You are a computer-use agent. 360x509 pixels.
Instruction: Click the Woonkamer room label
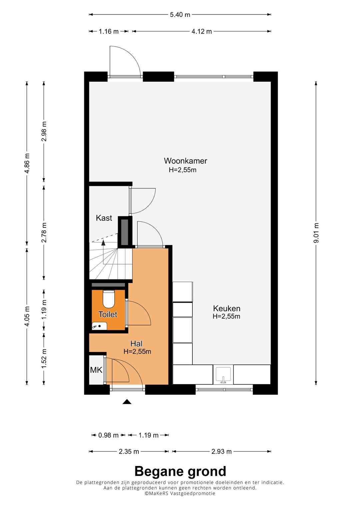point(185,161)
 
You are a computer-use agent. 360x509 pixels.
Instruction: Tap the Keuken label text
point(227,308)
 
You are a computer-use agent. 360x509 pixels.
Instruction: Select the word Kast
point(104,218)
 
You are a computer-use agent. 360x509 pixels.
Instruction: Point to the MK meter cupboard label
point(96,370)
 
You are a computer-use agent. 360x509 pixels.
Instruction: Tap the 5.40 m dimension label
point(180,15)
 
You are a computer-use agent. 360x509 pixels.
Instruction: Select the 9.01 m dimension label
point(316,233)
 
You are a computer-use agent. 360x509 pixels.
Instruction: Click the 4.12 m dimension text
point(202,31)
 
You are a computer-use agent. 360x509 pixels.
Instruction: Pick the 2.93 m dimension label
point(221,452)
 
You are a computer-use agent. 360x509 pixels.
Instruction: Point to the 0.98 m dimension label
point(108,435)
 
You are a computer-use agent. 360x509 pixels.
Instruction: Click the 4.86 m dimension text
point(27,163)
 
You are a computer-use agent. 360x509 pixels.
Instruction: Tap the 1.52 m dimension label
point(44,359)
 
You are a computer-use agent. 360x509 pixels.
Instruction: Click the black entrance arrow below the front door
point(127,402)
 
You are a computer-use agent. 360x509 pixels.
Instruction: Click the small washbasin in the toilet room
point(99,326)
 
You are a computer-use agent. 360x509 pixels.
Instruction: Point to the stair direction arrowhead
point(103,242)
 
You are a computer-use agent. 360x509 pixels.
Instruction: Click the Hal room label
point(136,343)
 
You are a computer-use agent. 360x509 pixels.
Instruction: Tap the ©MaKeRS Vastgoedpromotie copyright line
point(180,493)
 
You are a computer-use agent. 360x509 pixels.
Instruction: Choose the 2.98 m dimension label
point(44,131)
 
